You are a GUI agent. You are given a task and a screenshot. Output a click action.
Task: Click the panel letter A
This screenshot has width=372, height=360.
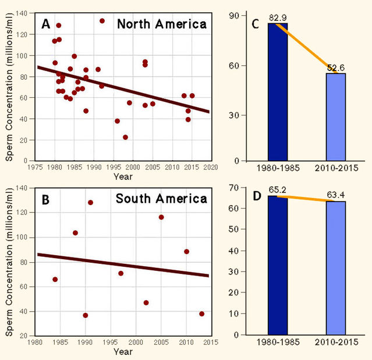click(46, 24)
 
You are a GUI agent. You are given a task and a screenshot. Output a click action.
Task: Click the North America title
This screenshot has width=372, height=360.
click(161, 24)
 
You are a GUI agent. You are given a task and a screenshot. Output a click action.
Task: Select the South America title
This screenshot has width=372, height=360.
click(161, 199)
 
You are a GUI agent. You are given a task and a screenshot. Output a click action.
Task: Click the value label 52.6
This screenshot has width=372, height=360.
click(336, 68)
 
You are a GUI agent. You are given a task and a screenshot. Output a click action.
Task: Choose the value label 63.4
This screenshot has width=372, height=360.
click(336, 196)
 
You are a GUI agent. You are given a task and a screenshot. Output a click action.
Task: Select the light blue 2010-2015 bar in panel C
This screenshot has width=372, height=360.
click(336, 117)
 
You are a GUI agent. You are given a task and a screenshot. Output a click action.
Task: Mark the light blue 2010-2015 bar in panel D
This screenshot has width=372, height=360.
click(336, 268)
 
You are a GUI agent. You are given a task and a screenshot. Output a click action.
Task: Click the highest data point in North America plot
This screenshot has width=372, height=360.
click(102, 21)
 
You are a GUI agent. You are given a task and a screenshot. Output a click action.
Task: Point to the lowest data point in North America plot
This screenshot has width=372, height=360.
click(125, 137)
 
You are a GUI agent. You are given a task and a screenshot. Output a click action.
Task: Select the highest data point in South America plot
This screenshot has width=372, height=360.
click(90, 203)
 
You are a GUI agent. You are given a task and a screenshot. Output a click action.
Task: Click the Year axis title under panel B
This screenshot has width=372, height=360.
click(123, 351)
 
